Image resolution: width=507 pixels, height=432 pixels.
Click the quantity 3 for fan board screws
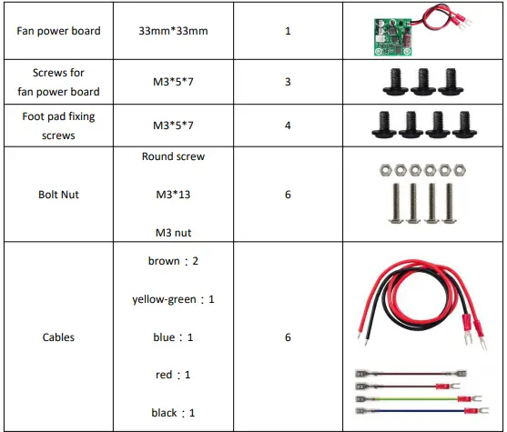coord(288,82)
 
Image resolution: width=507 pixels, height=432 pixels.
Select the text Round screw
coord(173,156)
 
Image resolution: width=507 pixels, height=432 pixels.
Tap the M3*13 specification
coord(173,195)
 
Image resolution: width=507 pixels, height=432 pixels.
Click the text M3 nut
coord(173,233)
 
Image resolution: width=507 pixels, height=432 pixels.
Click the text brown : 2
coord(173,261)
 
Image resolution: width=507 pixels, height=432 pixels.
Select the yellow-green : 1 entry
coord(173,299)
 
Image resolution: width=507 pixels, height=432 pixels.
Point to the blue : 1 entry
coord(173,337)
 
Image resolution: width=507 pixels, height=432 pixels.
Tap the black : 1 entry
coord(173,413)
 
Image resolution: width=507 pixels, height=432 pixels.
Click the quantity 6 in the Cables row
coord(288,337)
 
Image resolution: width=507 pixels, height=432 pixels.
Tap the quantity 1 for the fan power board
coord(288,32)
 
